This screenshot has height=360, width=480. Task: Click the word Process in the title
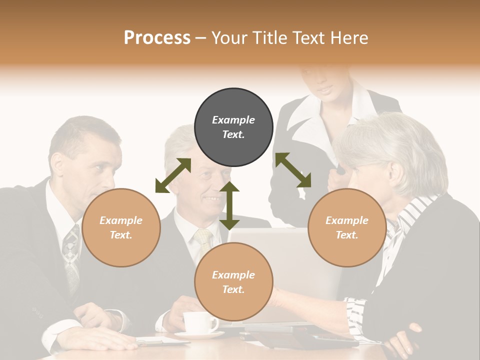coord(157,38)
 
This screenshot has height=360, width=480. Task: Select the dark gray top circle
coord(233,127)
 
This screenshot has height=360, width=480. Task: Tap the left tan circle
coord(121,227)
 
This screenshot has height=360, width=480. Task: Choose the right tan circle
coord(347,227)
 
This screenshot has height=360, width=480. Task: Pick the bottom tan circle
coord(233,282)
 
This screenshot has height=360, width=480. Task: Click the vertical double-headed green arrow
coord(229,205)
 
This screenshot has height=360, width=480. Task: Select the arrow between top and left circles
coord(173,175)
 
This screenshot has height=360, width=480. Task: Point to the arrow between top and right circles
coord(293,170)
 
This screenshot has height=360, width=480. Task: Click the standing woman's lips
coord(325,90)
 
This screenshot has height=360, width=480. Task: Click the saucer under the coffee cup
coord(199,335)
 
